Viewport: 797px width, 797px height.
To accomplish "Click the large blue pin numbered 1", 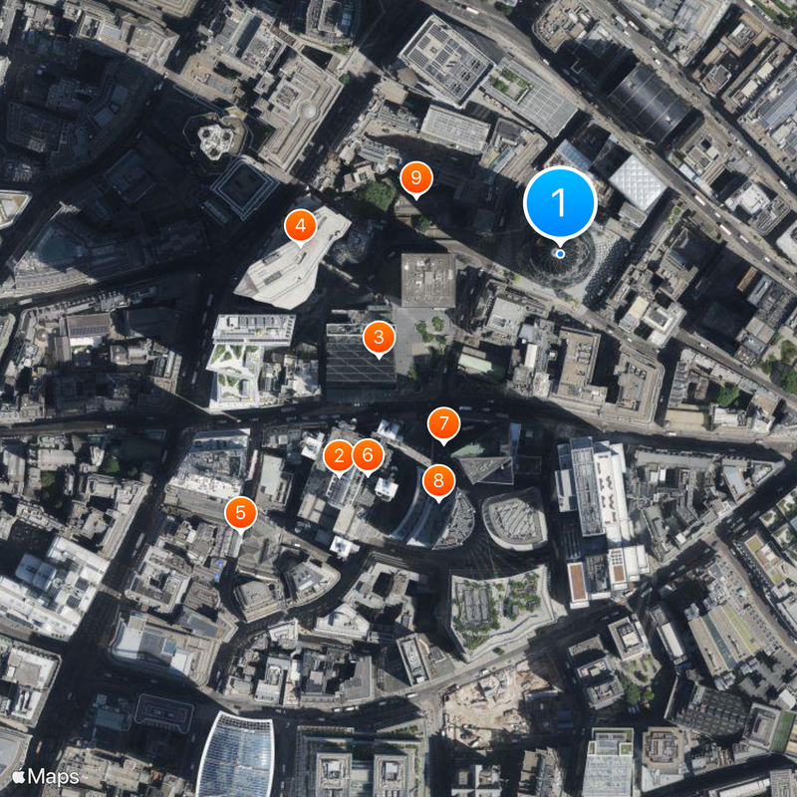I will tap(560, 203).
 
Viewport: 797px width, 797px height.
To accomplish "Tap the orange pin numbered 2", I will tap(339, 457).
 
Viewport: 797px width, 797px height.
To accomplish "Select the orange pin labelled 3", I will tap(379, 338).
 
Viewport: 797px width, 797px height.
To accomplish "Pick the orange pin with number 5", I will tap(240, 513).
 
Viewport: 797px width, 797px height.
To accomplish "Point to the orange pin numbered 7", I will tap(443, 423).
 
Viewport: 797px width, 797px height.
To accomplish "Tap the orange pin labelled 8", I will tap(437, 482).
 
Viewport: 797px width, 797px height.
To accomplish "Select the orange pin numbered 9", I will tap(416, 179).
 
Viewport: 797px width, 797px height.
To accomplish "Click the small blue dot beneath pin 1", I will tap(560, 253).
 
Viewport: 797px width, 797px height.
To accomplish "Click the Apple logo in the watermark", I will tap(19, 775).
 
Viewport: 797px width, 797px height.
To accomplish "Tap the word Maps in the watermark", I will tap(54, 775).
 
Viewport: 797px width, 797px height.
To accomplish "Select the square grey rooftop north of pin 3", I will tap(428, 279).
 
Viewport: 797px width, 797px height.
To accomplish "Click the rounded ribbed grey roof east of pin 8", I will tap(515, 517).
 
